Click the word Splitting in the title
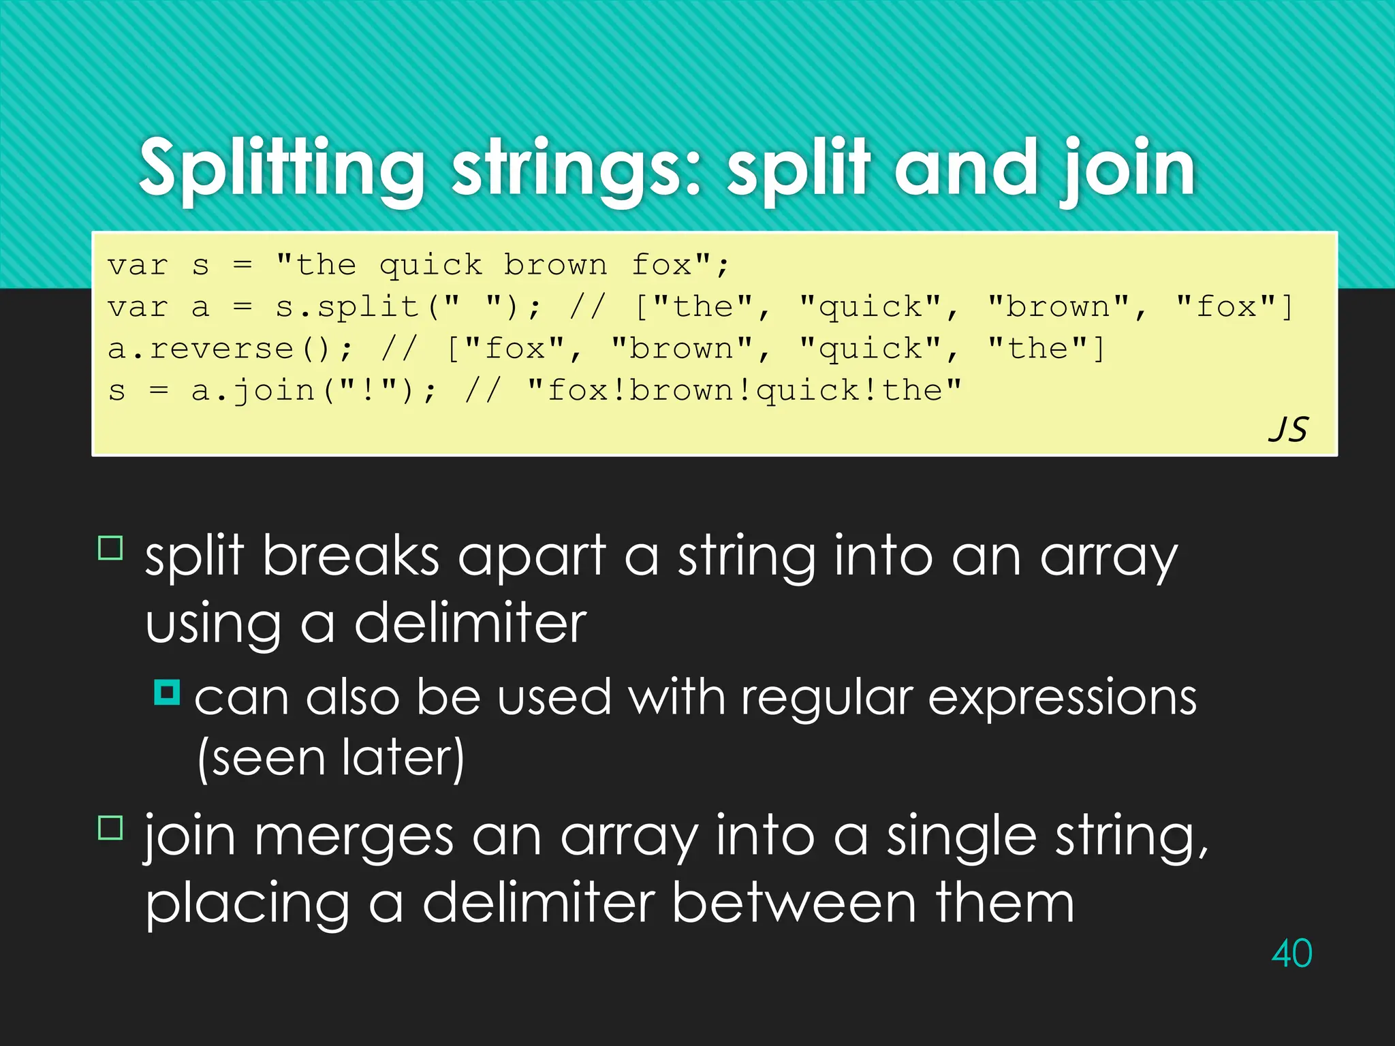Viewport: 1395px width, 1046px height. click(x=281, y=168)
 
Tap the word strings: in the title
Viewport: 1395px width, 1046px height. click(x=576, y=168)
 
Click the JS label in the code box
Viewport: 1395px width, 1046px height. click(x=1288, y=430)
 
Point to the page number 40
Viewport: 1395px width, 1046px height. click(x=1291, y=953)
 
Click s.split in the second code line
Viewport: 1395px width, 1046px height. click(x=347, y=307)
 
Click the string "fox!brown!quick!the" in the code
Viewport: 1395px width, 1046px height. click(x=744, y=391)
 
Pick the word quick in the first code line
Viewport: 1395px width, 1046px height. click(x=430, y=265)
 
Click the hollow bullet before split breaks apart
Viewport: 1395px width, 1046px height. click(x=110, y=548)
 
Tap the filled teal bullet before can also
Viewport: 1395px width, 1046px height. click(x=167, y=693)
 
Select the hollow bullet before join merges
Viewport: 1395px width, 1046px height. click(x=110, y=827)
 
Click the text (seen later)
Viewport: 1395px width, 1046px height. click(x=331, y=758)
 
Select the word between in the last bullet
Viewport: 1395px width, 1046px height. click(x=794, y=903)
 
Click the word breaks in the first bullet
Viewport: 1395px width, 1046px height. click(x=351, y=556)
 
